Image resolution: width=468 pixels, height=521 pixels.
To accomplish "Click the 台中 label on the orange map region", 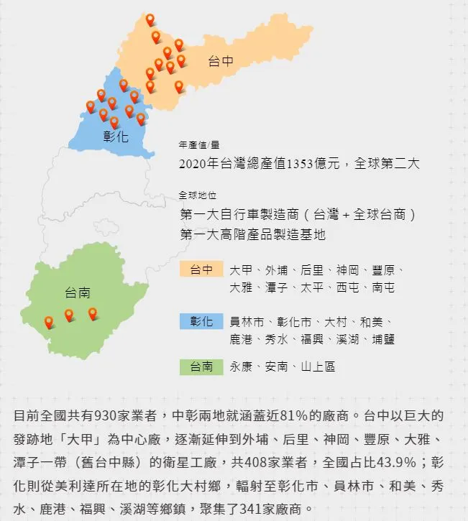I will point(221,62).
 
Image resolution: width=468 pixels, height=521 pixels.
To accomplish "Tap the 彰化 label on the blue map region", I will point(116,136).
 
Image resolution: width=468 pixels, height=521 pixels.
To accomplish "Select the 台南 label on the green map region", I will point(77,292).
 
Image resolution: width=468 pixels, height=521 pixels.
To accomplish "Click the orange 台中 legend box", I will point(201,269).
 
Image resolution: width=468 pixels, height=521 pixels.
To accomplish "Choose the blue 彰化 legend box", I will point(201,321).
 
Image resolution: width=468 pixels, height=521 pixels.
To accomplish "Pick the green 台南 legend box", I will point(201,366).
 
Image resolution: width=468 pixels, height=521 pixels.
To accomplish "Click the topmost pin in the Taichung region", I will point(150,19).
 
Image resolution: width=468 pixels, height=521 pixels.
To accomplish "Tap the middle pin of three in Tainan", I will point(69,315).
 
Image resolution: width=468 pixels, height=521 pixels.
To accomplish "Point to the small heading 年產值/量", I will point(198,144).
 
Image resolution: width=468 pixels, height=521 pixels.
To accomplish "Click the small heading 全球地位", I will point(198,195).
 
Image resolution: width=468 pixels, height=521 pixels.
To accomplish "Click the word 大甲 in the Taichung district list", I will point(241,270).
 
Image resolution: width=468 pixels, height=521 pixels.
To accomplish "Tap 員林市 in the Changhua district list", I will point(247,321).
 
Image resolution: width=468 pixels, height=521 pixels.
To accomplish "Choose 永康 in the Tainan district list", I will point(241,366).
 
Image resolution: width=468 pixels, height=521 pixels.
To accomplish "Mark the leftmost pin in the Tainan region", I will point(49,322).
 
